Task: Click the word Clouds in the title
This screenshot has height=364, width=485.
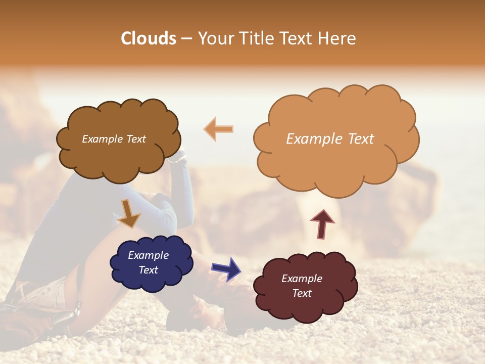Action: coord(149,38)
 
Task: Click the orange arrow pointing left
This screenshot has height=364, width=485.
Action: coord(219,129)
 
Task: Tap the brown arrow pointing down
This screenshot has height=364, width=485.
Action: coord(129,213)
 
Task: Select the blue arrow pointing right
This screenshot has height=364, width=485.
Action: coord(226,268)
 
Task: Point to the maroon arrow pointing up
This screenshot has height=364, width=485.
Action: coord(322,223)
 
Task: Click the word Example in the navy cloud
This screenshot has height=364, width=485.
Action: coord(148,255)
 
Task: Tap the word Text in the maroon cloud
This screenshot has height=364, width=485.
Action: coord(302,293)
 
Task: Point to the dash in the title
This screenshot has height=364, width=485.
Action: coord(186,39)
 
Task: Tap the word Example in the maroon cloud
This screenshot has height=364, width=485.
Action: coord(302,279)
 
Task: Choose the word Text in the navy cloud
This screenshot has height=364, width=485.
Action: coord(149,270)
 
